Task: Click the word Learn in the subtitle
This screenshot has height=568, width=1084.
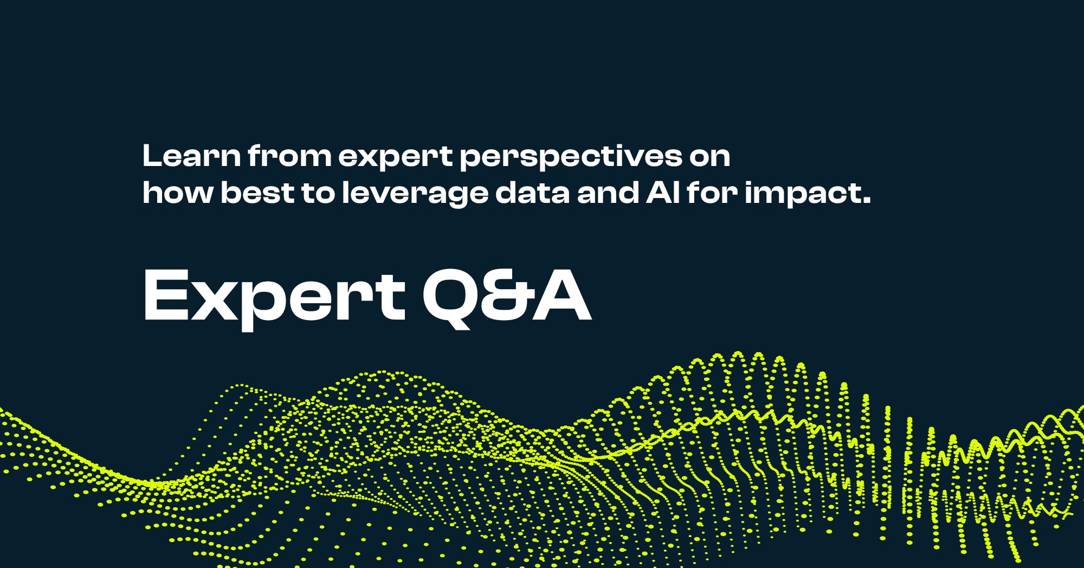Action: pos(191,156)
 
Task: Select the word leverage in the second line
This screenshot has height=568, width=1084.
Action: pos(415,194)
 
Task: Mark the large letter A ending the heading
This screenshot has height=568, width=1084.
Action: pos(560,296)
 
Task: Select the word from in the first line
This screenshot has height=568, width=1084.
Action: pos(289,156)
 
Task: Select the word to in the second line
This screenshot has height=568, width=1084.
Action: pos(318,193)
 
